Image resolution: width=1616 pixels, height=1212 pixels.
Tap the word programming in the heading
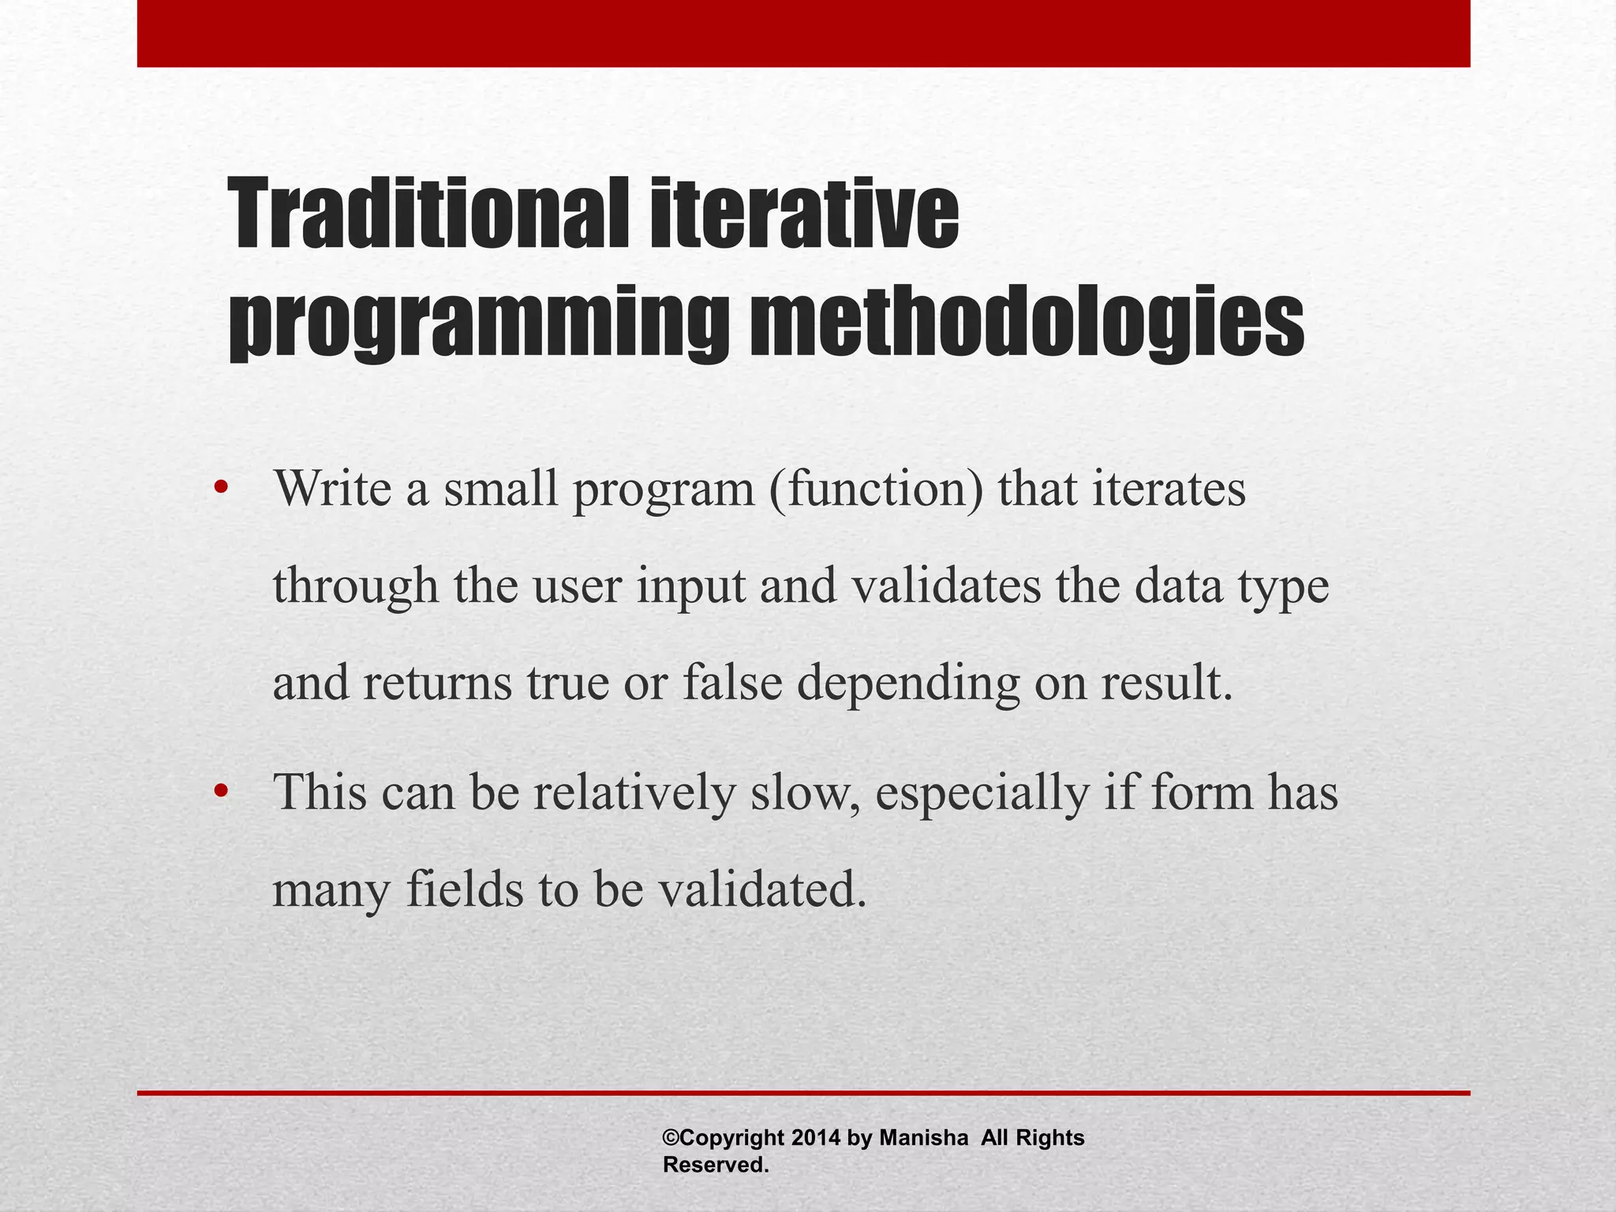478,324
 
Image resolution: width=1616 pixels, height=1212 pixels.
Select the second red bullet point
220,791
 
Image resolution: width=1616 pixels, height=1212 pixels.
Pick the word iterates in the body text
1169,488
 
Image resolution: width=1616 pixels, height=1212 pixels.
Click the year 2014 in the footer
816,1138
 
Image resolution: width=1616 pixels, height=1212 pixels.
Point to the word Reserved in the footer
715,1165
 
